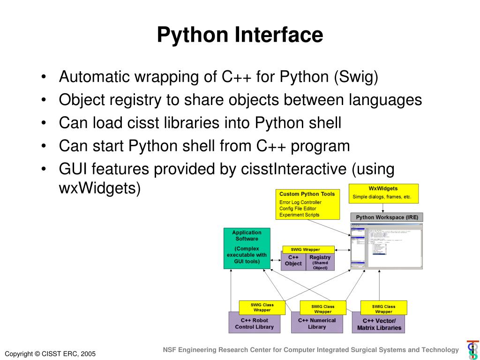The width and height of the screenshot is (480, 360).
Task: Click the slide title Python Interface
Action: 240,35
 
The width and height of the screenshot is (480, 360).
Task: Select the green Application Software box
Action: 247,248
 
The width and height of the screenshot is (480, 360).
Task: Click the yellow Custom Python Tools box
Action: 307,204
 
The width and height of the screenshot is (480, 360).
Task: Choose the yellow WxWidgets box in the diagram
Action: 383,193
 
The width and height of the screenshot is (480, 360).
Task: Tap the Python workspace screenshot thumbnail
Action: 386,246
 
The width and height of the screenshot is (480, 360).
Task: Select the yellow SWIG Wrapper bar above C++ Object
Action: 308,249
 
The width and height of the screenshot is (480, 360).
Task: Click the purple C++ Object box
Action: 293,261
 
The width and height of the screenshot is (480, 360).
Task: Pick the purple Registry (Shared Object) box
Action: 320,262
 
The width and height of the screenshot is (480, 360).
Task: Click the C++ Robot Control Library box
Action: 254,324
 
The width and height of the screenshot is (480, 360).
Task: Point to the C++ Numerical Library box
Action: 317,324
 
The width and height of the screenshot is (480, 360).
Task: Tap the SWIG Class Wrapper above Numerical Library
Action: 323,308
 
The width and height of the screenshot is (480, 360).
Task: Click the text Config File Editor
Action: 298,209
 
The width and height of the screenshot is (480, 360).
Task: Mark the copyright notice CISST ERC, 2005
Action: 50,353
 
